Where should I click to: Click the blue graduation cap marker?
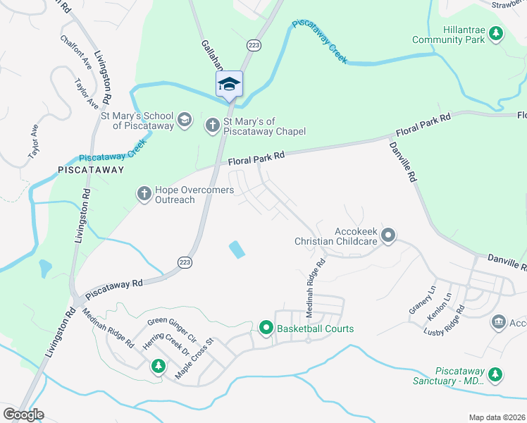pyautogui.click(x=229, y=84)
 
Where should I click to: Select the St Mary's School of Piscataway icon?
pyautogui.click(x=184, y=118)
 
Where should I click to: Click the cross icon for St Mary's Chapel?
pyautogui.click(x=212, y=125)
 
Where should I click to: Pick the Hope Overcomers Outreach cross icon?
pyautogui.click(x=144, y=193)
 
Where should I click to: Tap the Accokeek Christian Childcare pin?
pyautogui.click(x=387, y=235)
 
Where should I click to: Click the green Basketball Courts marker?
pyautogui.click(x=266, y=328)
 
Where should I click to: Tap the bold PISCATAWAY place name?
pyautogui.click(x=92, y=170)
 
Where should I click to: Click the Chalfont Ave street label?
pyautogui.click(x=76, y=52)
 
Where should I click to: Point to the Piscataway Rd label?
pyautogui.click(x=114, y=290)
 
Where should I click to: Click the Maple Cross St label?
pyautogui.click(x=194, y=360)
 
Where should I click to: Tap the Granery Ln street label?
pyautogui.click(x=423, y=300)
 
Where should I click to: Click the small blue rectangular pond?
pyautogui.click(x=237, y=249)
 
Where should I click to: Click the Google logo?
pyautogui.click(x=23, y=415)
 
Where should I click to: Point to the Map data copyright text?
pyautogui.click(x=496, y=417)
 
